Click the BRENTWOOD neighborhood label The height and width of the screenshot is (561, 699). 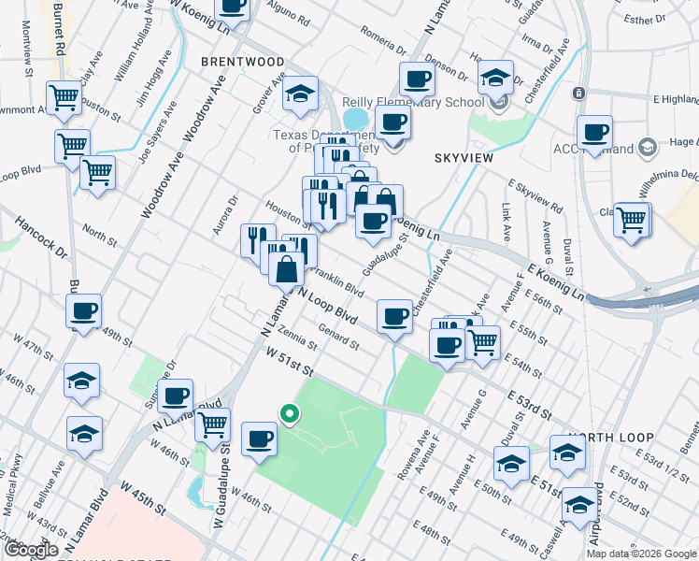(241, 62)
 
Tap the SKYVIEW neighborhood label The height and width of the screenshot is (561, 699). (464, 159)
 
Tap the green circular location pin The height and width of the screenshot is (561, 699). (290, 412)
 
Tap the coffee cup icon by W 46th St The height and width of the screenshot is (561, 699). (259, 438)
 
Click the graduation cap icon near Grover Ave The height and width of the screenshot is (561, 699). (301, 94)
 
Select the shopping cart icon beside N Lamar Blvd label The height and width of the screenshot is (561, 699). (212, 424)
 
